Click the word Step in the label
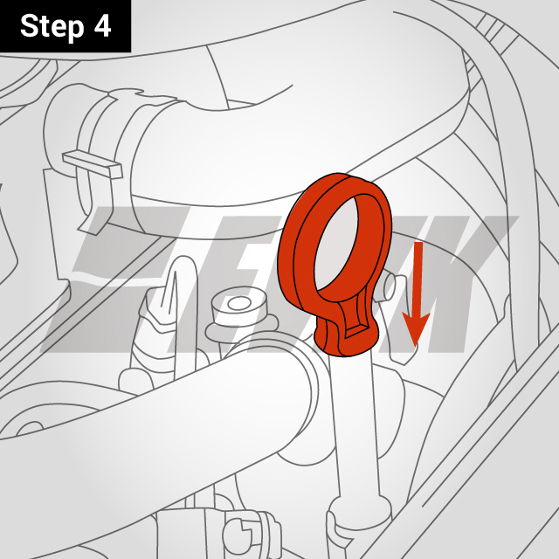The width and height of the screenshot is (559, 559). pos(52,26)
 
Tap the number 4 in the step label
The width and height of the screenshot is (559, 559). pos(103,26)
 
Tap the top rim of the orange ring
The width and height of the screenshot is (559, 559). pos(349,183)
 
